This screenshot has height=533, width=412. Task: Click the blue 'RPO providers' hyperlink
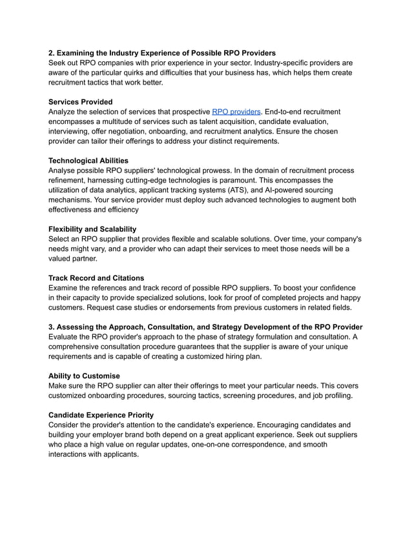[x=236, y=112]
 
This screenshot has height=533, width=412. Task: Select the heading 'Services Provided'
[x=80, y=102]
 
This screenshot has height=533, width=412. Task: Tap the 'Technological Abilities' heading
[x=88, y=161]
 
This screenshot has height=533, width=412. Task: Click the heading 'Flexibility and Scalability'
[x=92, y=229]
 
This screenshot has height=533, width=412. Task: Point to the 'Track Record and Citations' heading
[x=96, y=278]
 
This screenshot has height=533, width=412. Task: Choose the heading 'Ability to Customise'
[x=84, y=376]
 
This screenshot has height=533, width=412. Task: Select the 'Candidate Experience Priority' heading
[x=101, y=415]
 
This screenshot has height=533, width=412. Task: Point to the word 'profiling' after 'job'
[x=335, y=396]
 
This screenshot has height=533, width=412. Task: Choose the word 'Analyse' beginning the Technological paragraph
[x=64, y=170]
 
